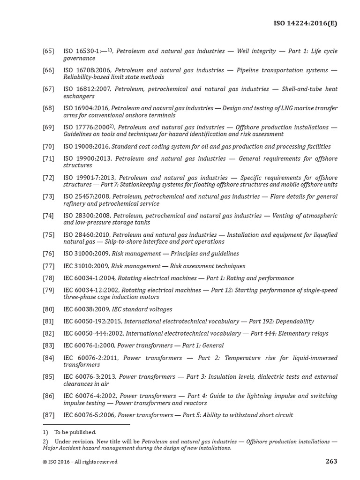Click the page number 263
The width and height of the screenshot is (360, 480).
point(331,461)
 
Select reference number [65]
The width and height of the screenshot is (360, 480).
point(48,51)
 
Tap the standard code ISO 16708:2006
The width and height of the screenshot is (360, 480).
point(87,70)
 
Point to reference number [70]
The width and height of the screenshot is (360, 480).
point(48,146)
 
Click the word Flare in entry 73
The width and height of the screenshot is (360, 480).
point(278,196)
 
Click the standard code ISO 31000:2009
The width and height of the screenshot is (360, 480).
point(86,254)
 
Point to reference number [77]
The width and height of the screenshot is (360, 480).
point(48,265)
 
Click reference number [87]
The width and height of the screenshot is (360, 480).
point(48,415)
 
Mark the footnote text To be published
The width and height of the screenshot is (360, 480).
point(75,432)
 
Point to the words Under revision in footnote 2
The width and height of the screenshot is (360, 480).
point(73,442)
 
